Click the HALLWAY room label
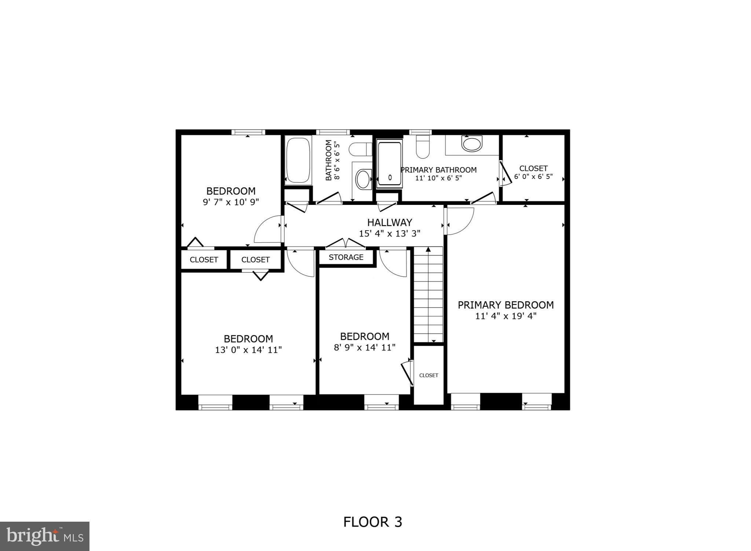pyautogui.click(x=389, y=223)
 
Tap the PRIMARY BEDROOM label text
pyautogui.click(x=505, y=305)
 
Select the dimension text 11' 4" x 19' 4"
pyautogui.click(x=506, y=316)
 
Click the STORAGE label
pyautogui.click(x=346, y=257)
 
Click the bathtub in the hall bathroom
pyautogui.click(x=298, y=160)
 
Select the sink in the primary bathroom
pyautogui.click(x=472, y=144)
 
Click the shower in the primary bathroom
pyautogui.click(x=389, y=164)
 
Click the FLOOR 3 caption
pyautogui.click(x=373, y=522)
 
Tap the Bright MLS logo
pyautogui.click(x=45, y=536)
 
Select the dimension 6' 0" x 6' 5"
pyautogui.click(x=533, y=177)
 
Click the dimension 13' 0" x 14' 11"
pyautogui.click(x=248, y=350)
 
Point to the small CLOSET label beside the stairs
pyautogui.click(x=428, y=375)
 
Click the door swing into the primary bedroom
pyautogui.click(x=459, y=221)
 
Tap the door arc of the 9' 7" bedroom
pyautogui.click(x=268, y=229)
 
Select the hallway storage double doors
pyautogui.click(x=345, y=243)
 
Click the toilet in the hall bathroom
pyautogui.click(x=360, y=150)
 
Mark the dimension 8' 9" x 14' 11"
pyautogui.click(x=364, y=348)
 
